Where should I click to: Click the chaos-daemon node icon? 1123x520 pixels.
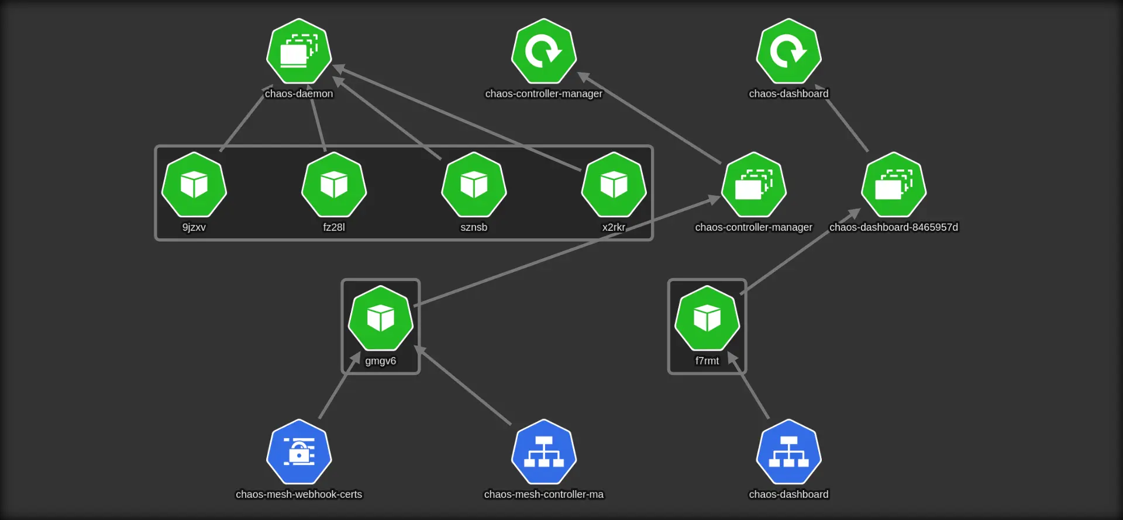click(x=299, y=51)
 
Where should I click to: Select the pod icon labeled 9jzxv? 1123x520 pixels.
click(x=194, y=185)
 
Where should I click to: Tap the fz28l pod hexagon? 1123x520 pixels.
click(x=334, y=185)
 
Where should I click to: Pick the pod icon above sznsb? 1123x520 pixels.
click(x=474, y=185)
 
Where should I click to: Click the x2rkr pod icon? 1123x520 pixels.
click(x=614, y=185)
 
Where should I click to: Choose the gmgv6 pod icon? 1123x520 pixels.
click(x=380, y=318)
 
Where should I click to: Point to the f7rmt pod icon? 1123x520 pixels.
click(x=707, y=318)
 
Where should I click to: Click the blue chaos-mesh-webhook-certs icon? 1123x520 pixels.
click(x=299, y=452)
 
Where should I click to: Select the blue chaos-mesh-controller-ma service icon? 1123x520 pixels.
click(x=543, y=452)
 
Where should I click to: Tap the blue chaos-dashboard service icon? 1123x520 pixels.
click(x=788, y=452)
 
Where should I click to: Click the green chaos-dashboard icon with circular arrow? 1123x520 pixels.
click(x=788, y=51)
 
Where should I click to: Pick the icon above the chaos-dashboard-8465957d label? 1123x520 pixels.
click(x=893, y=185)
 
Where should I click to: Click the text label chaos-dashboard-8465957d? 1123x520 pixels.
click(x=893, y=227)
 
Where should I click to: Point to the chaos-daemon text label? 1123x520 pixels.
click(x=299, y=93)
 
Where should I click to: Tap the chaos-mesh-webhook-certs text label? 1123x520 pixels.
click(x=299, y=494)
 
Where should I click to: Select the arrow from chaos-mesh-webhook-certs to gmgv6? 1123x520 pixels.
click(x=339, y=386)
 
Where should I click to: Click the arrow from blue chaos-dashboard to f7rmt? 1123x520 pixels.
click(x=749, y=386)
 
